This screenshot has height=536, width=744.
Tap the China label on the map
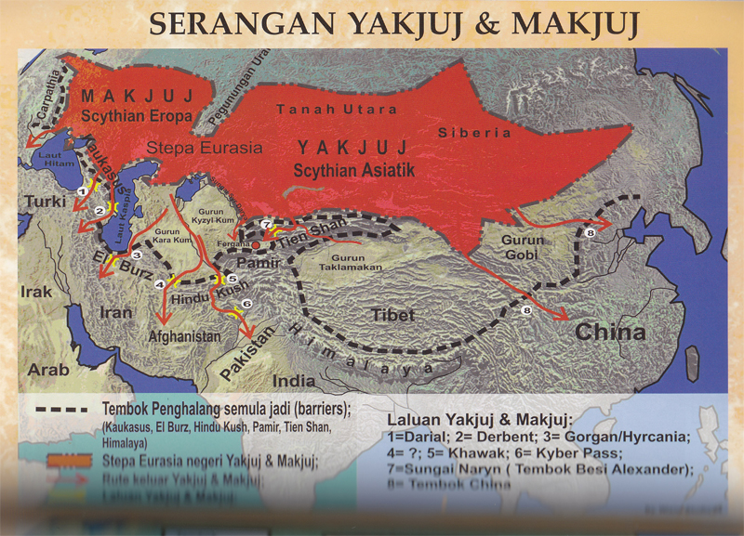611,332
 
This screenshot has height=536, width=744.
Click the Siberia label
475,132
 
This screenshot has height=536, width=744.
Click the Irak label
33,292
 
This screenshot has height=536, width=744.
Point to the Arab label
48,370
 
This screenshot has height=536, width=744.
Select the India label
293,381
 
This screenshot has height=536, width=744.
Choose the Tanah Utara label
318,109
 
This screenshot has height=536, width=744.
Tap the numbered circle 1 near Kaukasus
82,190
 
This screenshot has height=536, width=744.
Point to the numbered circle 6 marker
246,303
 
